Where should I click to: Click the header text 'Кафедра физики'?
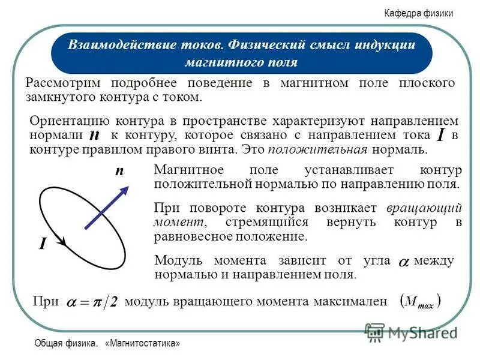418,14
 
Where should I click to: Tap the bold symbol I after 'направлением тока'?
441,136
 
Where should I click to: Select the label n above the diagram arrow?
119,172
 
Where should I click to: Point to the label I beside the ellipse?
43,244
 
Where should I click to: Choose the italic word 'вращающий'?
424,208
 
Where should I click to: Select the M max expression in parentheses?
420,302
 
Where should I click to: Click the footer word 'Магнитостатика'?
143,344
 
